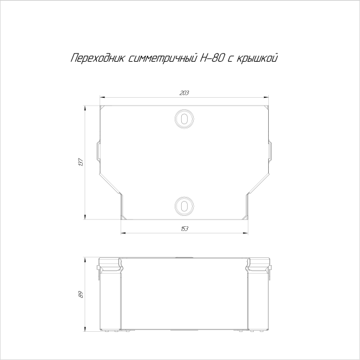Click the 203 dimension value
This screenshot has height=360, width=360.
click(184, 92)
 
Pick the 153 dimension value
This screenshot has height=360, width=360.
click(184, 229)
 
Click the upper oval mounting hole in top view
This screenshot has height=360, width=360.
click(184, 118)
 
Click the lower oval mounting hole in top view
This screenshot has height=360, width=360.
click(184, 206)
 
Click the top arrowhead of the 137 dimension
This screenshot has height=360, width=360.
click(85, 110)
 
